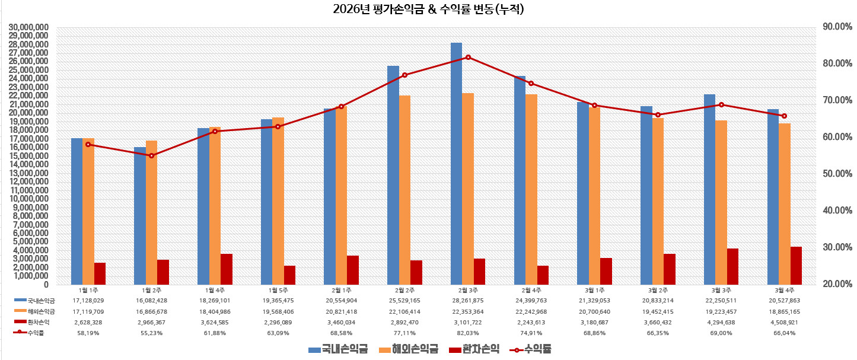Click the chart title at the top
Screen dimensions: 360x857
tap(428, 9)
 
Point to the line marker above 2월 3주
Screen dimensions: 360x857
tap(468, 57)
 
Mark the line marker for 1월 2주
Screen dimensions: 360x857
tap(151, 155)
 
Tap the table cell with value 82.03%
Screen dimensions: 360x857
tap(467, 333)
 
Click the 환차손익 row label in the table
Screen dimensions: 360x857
tap(39, 323)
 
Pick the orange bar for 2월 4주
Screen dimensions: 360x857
tap(531, 189)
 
